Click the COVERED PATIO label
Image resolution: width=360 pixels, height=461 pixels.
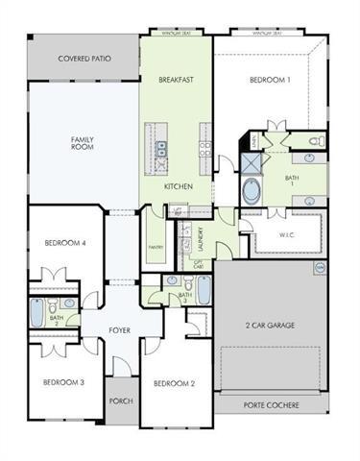tap(84, 59)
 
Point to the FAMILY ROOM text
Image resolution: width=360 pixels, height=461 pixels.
tap(83, 143)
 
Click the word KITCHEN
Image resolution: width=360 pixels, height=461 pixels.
tap(179, 186)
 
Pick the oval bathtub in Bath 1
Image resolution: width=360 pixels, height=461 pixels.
tap(252, 189)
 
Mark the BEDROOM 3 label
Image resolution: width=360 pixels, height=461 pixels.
tap(63, 382)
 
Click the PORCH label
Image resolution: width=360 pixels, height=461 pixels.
tap(120, 401)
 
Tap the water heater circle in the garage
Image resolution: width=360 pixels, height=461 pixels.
tap(320, 266)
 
